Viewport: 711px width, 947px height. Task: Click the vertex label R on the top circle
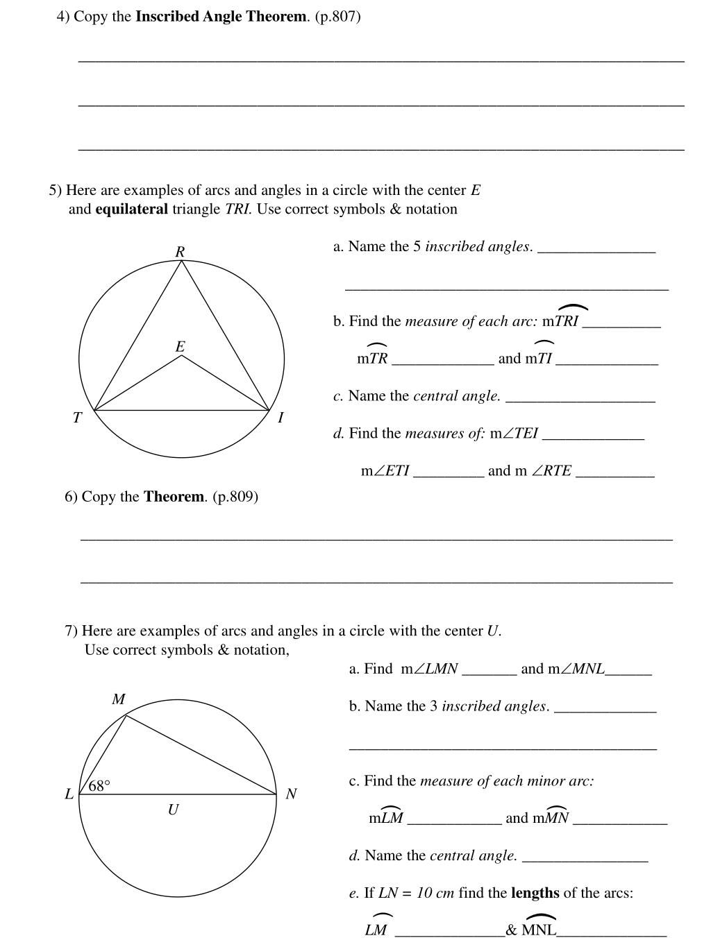(x=180, y=252)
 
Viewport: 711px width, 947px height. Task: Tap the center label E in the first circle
(x=181, y=347)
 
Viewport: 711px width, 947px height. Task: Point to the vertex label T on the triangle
(x=77, y=418)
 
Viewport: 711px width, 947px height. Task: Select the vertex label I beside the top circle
(x=281, y=418)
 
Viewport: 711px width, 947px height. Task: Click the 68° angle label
(x=99, y=786)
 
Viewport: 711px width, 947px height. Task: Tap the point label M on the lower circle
(x=119, y=699)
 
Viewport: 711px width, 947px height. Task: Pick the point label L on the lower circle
(x=69, y=794)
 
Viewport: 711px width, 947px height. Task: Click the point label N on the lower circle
(x=291, y=794)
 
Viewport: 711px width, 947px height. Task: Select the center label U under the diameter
(x=173, y=810)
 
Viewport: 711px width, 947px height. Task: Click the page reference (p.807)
(x=337, y=17)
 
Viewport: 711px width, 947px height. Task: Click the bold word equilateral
(x=131, y=210)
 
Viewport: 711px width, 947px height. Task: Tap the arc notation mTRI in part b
(x=561, y=321)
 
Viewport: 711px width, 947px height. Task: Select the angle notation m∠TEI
(x=515, y=434)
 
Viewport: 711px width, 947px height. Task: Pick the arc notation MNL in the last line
(x=539, y=930)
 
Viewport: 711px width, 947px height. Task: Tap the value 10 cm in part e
(x=435, y=893)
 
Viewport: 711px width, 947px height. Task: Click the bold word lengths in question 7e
(x=535, y=893)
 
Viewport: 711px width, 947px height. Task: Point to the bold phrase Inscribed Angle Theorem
(x=221, y=17)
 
